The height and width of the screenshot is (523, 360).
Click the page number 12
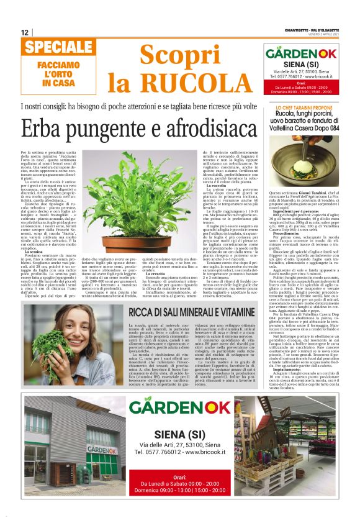tap(24, 32)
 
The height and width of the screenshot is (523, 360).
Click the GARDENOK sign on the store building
tap(101, 450)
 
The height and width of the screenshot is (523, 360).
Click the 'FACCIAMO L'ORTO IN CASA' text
tap(55, 73)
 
